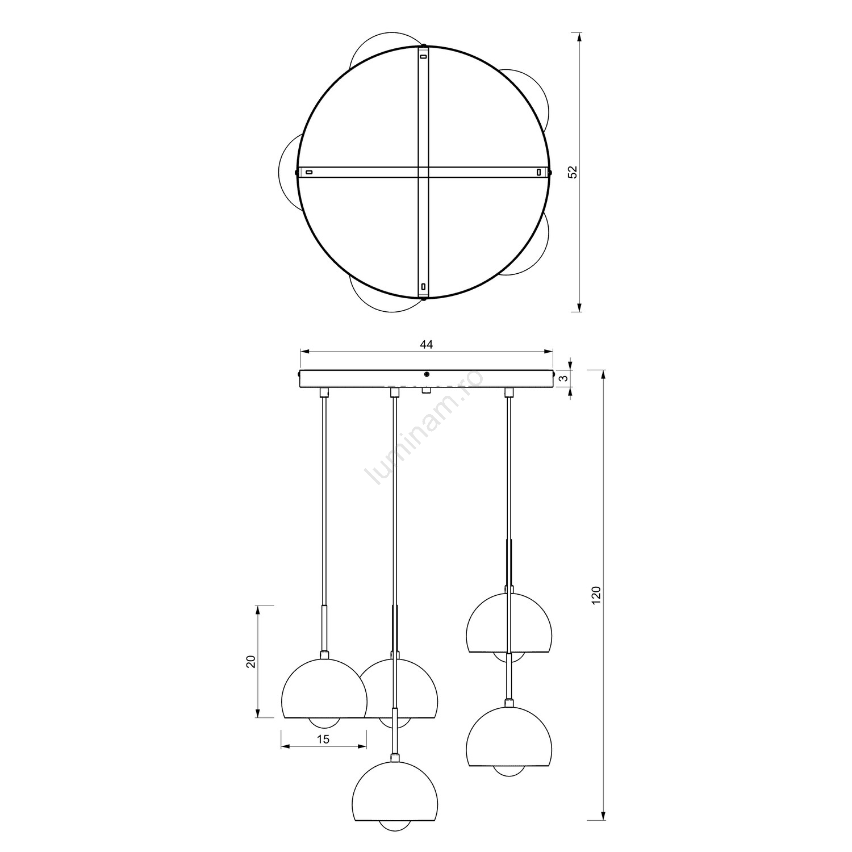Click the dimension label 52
pyautogui.click(x=573, y=172)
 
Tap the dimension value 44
pyautogui.click(x=426, y=345)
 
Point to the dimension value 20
pyautogui.click(x=251, y=661)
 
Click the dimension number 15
pyautogui.click(x=323, y=739)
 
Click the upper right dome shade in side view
pyautogui.click(x=509, y=623)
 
